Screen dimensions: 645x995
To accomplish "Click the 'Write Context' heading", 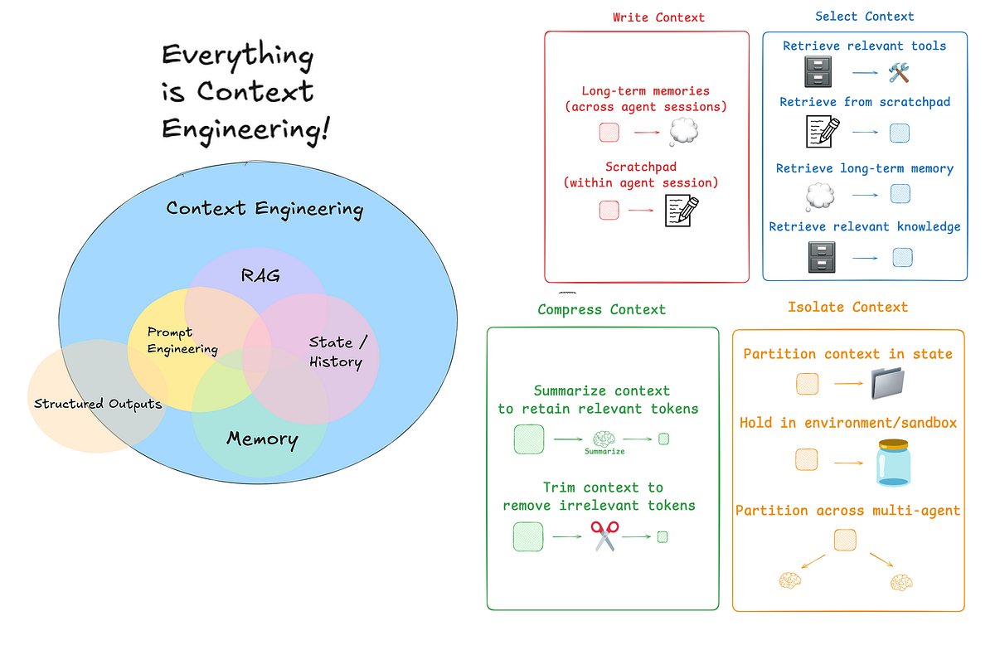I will (658, 17).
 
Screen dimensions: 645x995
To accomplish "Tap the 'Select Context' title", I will (864, 17).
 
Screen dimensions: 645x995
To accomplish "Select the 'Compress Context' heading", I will (601, 309).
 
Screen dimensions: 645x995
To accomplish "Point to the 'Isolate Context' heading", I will (847, 307).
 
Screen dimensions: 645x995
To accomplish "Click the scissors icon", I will (604, 536).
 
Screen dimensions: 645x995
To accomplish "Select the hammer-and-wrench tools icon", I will (899, 74).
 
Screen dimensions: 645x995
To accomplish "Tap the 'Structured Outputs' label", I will (97, 404).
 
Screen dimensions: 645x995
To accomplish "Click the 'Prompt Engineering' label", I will (182, 340).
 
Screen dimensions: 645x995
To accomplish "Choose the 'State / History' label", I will (335, 352).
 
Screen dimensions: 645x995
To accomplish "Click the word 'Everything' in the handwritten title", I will (237, 56).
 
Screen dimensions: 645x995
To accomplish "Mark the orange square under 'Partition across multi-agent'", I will (846, 540).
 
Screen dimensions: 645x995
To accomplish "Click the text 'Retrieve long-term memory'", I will (864, 168).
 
